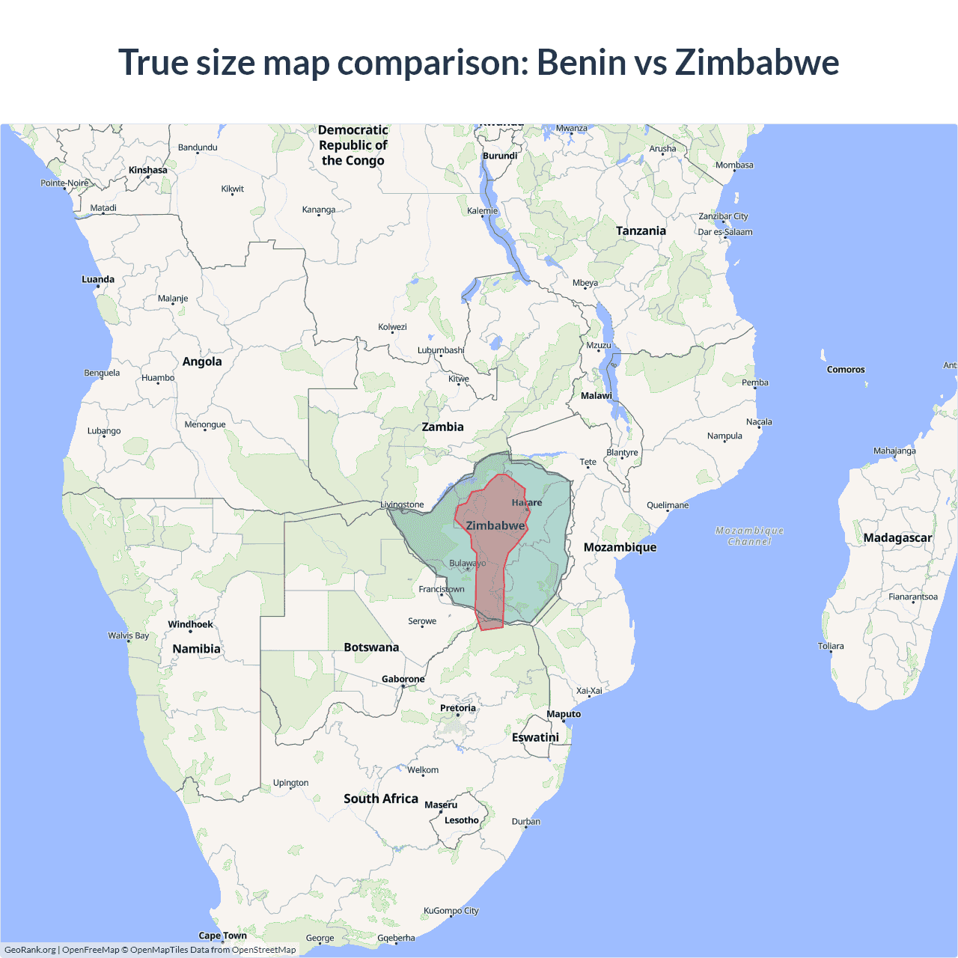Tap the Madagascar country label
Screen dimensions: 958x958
coord(897,537)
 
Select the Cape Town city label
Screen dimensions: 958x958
coord(222,936)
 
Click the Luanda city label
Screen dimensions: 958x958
coord(98,279)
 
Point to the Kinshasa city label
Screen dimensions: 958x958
coord(147,170)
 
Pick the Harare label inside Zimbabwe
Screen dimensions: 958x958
coord(527,502)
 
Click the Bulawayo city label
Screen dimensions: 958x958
coord(467,563)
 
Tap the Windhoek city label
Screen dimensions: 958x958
coord(190,624)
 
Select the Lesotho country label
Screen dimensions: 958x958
coord(461,820)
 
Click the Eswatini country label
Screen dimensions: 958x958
coord(535,737)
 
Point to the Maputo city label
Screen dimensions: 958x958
coord(564,714)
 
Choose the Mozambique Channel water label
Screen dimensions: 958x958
coord(749,536)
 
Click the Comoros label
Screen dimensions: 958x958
coord(846,370)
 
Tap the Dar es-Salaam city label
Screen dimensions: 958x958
coord(725,232)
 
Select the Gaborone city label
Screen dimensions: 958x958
coord(403,680)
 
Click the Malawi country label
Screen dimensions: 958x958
coord(597,396)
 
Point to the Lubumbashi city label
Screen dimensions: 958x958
coord(441,350)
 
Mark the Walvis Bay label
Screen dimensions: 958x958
coord(128,635)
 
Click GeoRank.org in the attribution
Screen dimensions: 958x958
coord(30,950)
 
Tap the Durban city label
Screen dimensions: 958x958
coord(526,821)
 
